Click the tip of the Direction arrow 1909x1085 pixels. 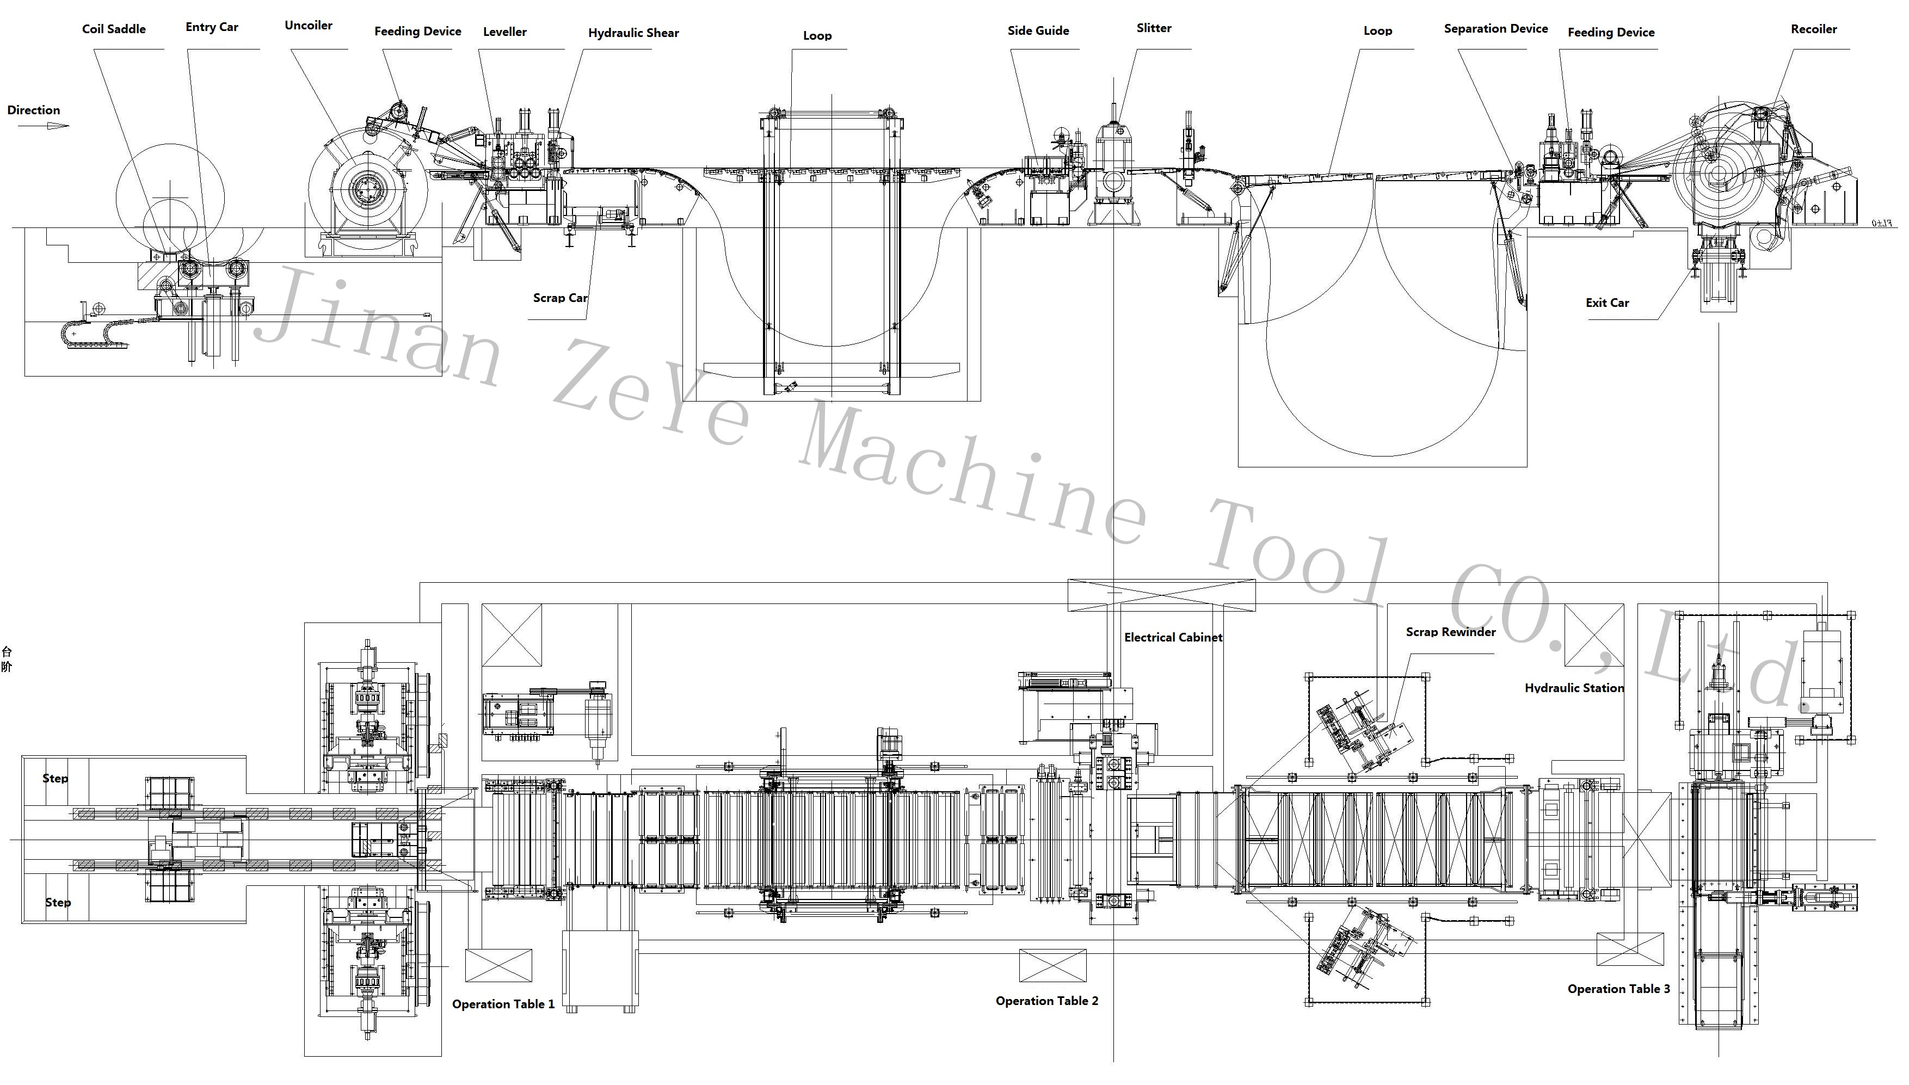tap(69, 125)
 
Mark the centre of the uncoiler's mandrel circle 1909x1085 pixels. tap(367, 188)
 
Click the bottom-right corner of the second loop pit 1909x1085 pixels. tap(1527, 466)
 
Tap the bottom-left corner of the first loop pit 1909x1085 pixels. tap(684, 401)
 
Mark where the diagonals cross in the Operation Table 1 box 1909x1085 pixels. tap(498, 966)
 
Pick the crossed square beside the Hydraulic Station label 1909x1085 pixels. tap(1594, 635)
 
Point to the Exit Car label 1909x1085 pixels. tap(1607, 303)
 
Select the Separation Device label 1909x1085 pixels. tap(1495, 28)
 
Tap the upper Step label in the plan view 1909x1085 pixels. tap(55, 778)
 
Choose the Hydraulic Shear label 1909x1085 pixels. tap(633, 33)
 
